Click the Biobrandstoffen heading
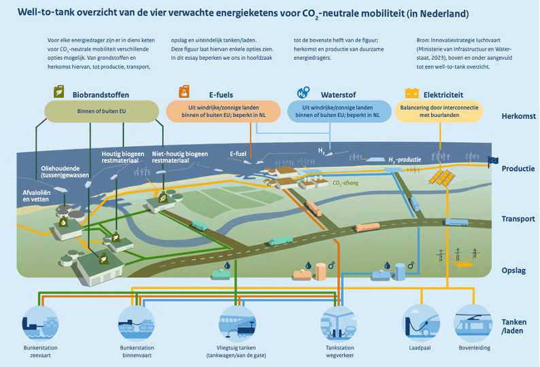(x=101, y=95)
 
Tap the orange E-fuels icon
(x=183, y=92)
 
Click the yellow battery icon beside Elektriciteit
(x=411, y=93)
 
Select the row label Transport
(x=518, y=219)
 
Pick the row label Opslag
(x=513, y=270)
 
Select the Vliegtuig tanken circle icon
(x=235, y=321)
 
